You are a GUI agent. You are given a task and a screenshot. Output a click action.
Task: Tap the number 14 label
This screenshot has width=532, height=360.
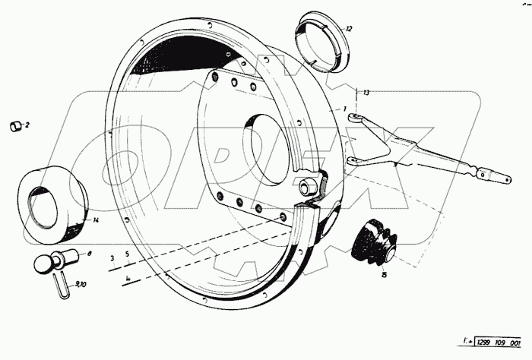96,221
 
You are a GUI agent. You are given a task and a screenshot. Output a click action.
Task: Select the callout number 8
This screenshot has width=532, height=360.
89,254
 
